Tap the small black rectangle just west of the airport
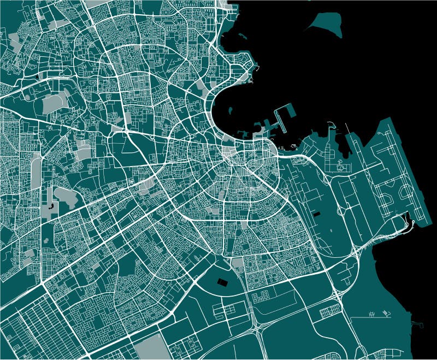(x=317, y=214)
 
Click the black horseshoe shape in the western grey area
(x=51, y=206)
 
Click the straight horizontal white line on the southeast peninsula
(x=363, y=317)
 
